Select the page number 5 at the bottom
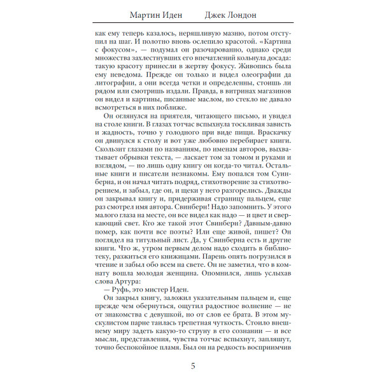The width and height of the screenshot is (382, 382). click(193, 366)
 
